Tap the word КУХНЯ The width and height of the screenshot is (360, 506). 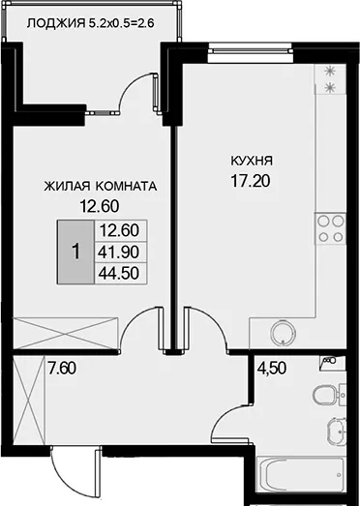click(x=252, y=161)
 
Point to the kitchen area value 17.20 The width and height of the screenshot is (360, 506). click(x=251, y=182)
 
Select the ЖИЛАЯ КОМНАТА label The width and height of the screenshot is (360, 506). click(x=101, y=187)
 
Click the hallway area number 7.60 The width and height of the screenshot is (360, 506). click(x=62, y=369)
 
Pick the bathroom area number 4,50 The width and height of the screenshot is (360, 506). click(x=272, y=369)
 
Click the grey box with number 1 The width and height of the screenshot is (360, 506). click(x=75, y=252)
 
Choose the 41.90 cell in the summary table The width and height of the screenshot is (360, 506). click(x=119, y=253)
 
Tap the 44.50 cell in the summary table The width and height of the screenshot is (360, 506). click(x=119, y=274)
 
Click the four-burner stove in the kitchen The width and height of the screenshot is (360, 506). click(x=330, y=228)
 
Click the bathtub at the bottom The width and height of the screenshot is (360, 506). click(x=301, y=474)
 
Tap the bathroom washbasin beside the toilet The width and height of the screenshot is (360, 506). click(x=337, y=429)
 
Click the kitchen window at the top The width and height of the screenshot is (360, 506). click(x=251, y=53)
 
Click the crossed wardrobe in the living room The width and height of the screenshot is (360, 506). click(x=66, y=333)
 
